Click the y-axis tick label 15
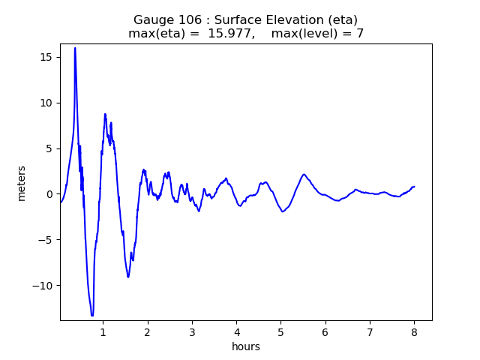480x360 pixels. pos(46,57)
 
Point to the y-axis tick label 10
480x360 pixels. pos(46,103)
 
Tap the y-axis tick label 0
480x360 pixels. pos(49,194)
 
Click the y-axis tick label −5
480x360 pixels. pos(45,240)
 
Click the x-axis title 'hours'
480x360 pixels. pos(245,347)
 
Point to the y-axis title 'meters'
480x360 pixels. pos(22,183)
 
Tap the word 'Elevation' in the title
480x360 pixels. pos(268,20)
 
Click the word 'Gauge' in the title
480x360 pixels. pos(151,20)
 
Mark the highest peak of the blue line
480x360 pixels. pos(75,48)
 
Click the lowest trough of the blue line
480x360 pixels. pos(92,315)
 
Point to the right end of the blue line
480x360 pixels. pos(414,187)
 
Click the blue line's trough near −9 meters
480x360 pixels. pos(128,277)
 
